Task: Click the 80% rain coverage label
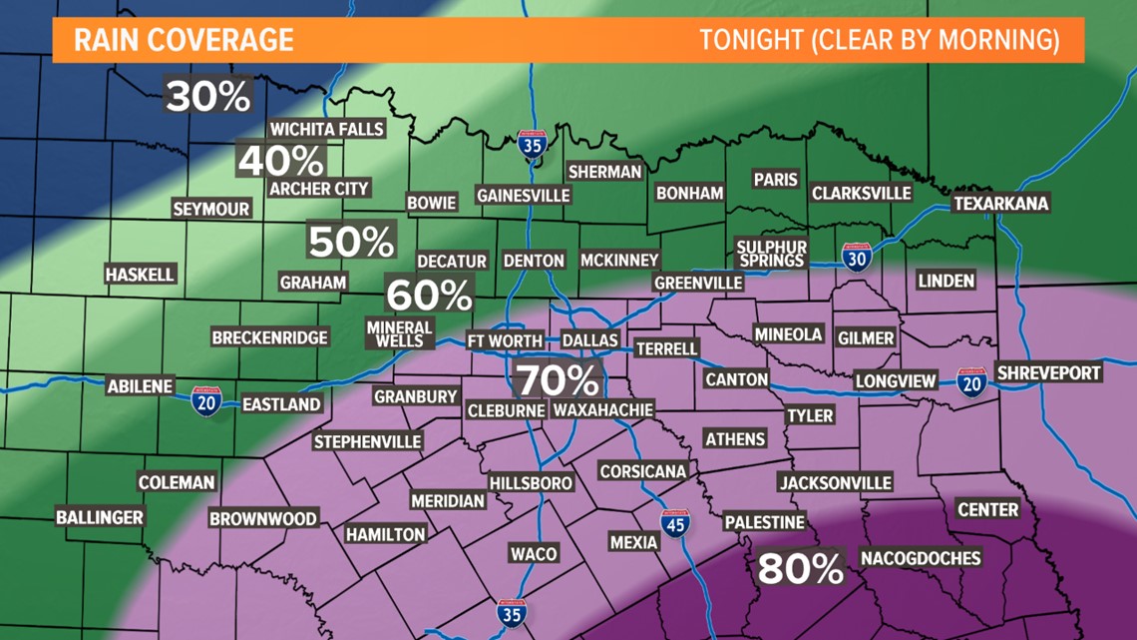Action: pos(801,568)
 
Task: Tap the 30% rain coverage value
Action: pos(208,97)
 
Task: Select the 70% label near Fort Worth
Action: pos(558,380)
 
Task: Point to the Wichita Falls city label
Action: pos(327,129)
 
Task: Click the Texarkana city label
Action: pos(1001,204)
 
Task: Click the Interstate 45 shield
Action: pos(675,521)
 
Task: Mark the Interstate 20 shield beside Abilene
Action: pos(206,402)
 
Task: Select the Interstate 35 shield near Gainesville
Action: pos(534,147)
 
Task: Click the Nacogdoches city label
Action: pos(920,557)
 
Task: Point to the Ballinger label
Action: pos(100,517)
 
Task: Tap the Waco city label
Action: pos(534,553)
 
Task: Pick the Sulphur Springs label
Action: pos(771,254)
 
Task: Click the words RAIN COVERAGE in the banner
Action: pos(184,40)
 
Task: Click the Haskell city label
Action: pos(140,274)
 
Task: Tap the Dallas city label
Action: pos(590,340)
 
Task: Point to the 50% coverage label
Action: pos(351,242)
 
